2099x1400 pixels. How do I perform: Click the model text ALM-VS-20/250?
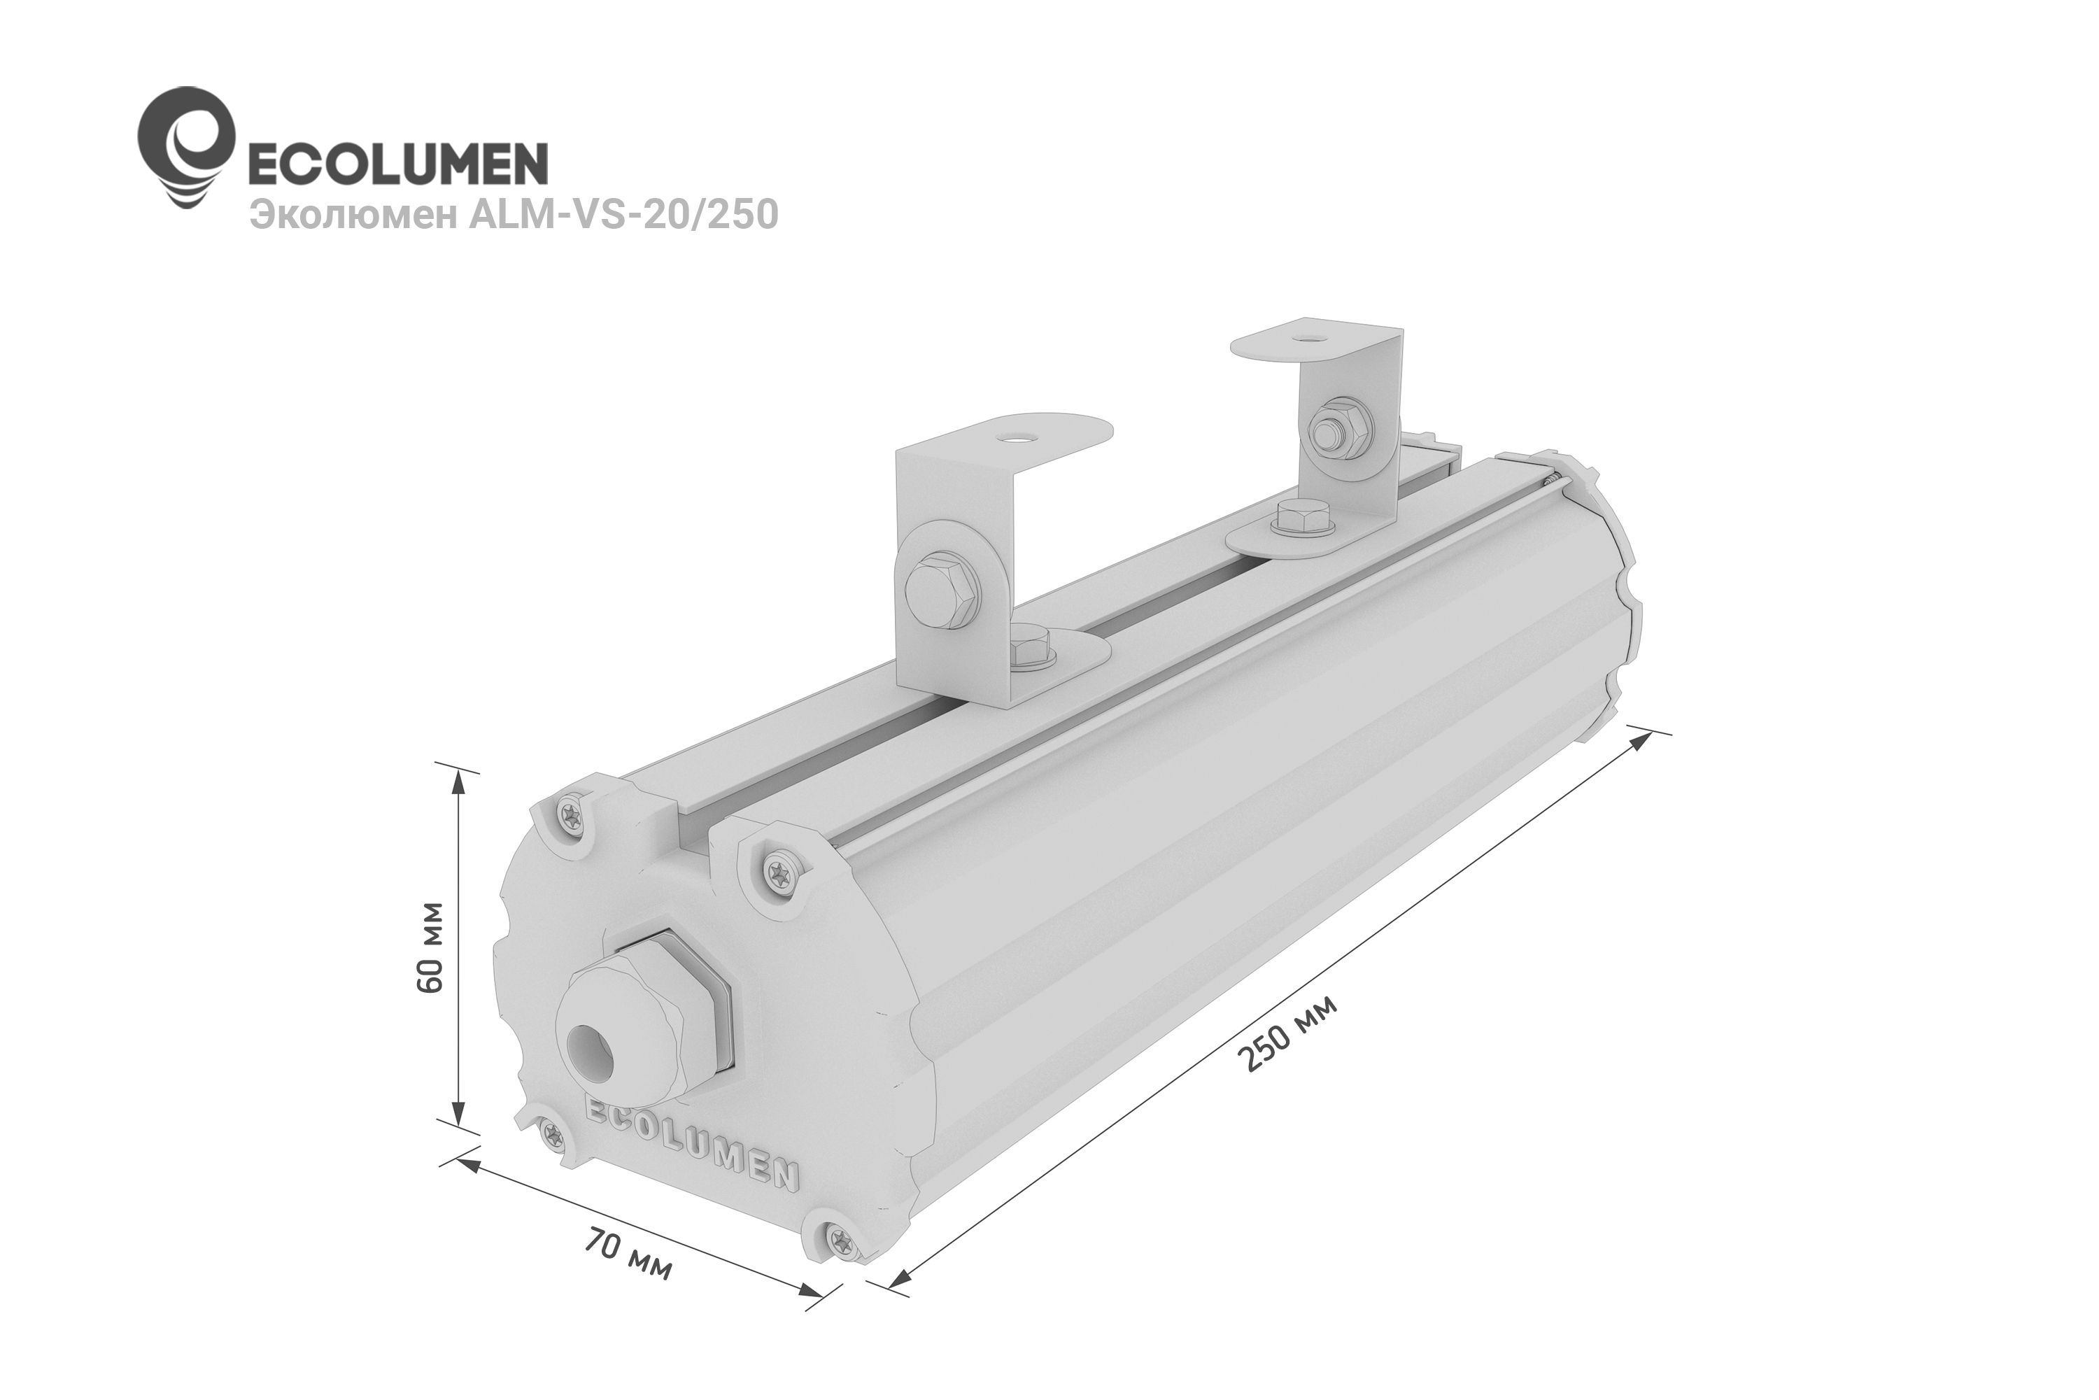(x=624, y=215)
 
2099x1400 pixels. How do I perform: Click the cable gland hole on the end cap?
(x=590, y=1044)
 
